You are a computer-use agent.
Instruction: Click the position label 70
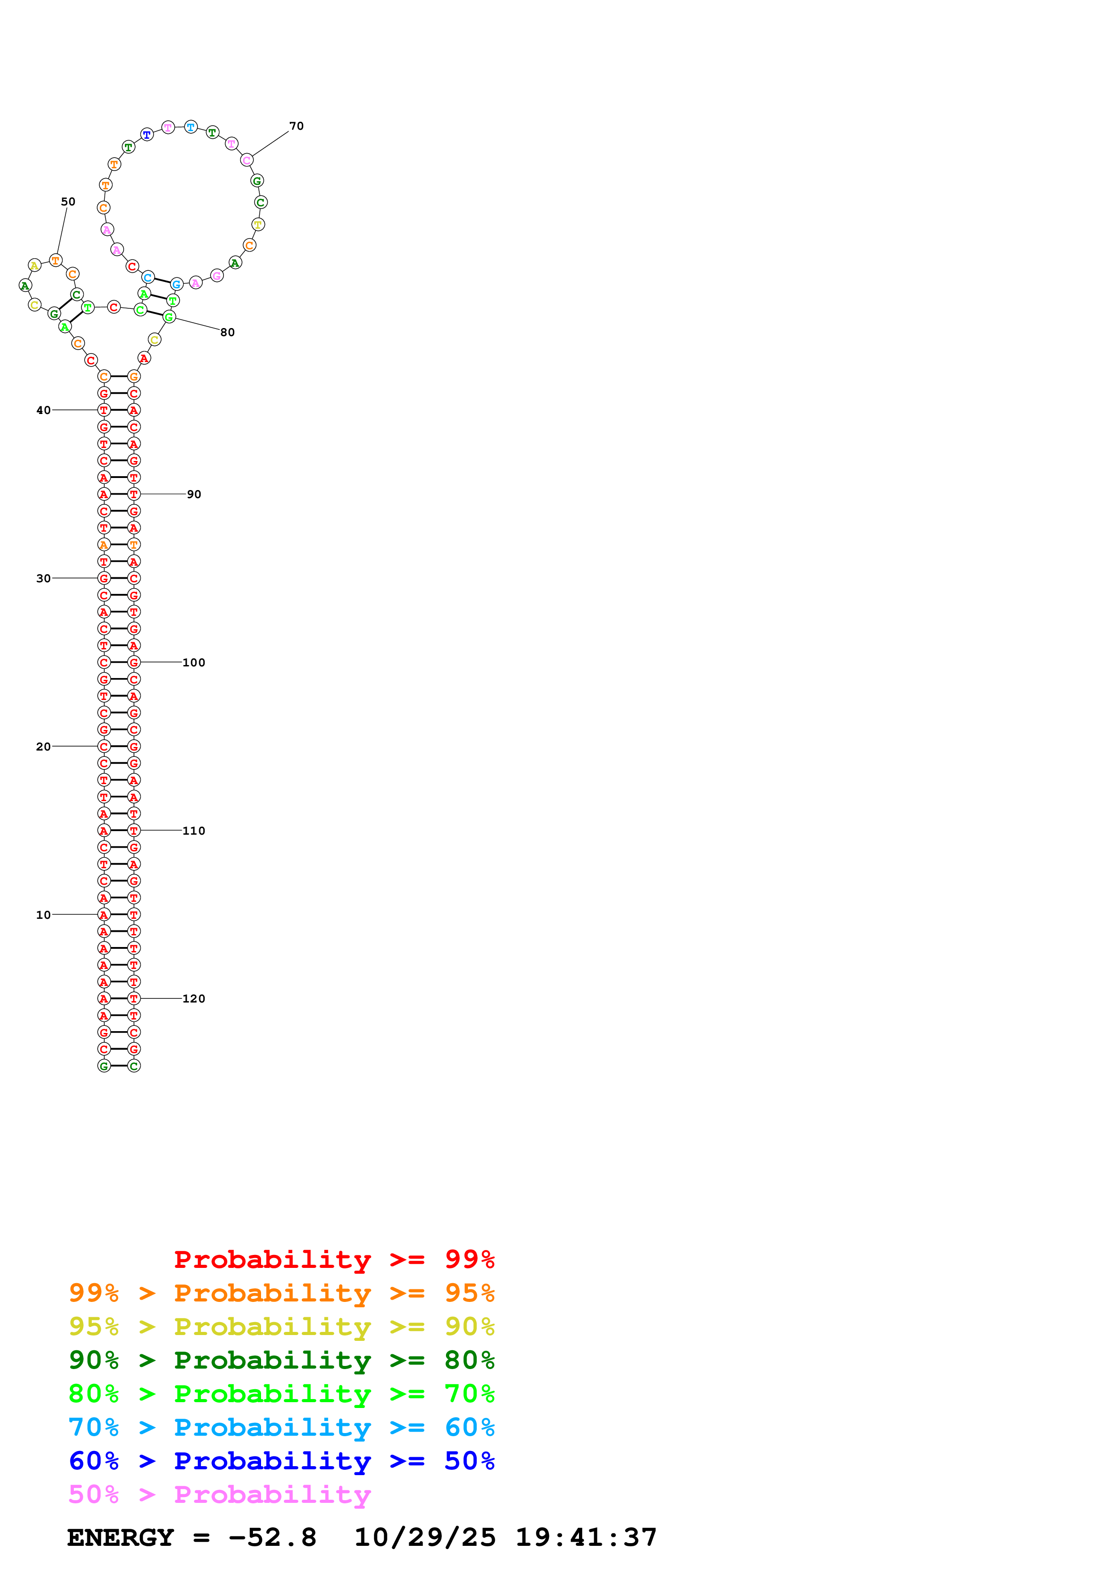coord(296,126)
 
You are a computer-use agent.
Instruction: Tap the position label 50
coord(68,202)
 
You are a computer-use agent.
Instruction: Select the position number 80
coord(227,333)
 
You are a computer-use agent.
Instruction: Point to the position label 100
coord(193,663)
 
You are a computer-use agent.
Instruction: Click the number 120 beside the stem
coord(193,998)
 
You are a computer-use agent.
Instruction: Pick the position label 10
coord(43,915)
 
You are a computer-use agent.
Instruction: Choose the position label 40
coord(43,410)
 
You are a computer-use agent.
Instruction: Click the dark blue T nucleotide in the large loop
coord(147,135)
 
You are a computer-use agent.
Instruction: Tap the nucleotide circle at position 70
coord(247,161)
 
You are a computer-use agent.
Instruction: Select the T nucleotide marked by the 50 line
coord(56,260)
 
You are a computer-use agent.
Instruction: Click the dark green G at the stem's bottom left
coord(104,1066)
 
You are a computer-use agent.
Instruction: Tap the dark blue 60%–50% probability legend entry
coord(281,1461)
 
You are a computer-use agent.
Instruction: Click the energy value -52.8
coord(272,1537)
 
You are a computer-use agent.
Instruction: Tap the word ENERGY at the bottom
coord(120,1537)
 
